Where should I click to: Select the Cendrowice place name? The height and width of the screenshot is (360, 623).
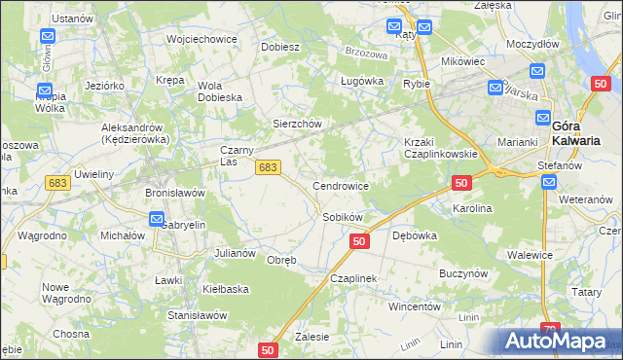click(x=340, y=185)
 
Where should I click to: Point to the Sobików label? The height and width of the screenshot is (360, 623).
click(x=343, y=217)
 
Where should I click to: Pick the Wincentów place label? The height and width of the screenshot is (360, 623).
click(x=416, y=306)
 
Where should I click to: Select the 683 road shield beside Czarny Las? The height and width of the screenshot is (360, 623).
click(x=269, y=168)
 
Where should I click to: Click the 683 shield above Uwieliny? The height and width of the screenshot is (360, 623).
click(x=57, y=183)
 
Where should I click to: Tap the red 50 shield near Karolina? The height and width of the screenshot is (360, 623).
click(x=461, y=183)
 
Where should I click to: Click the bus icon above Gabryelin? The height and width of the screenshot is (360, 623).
click(x=157, y=220)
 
